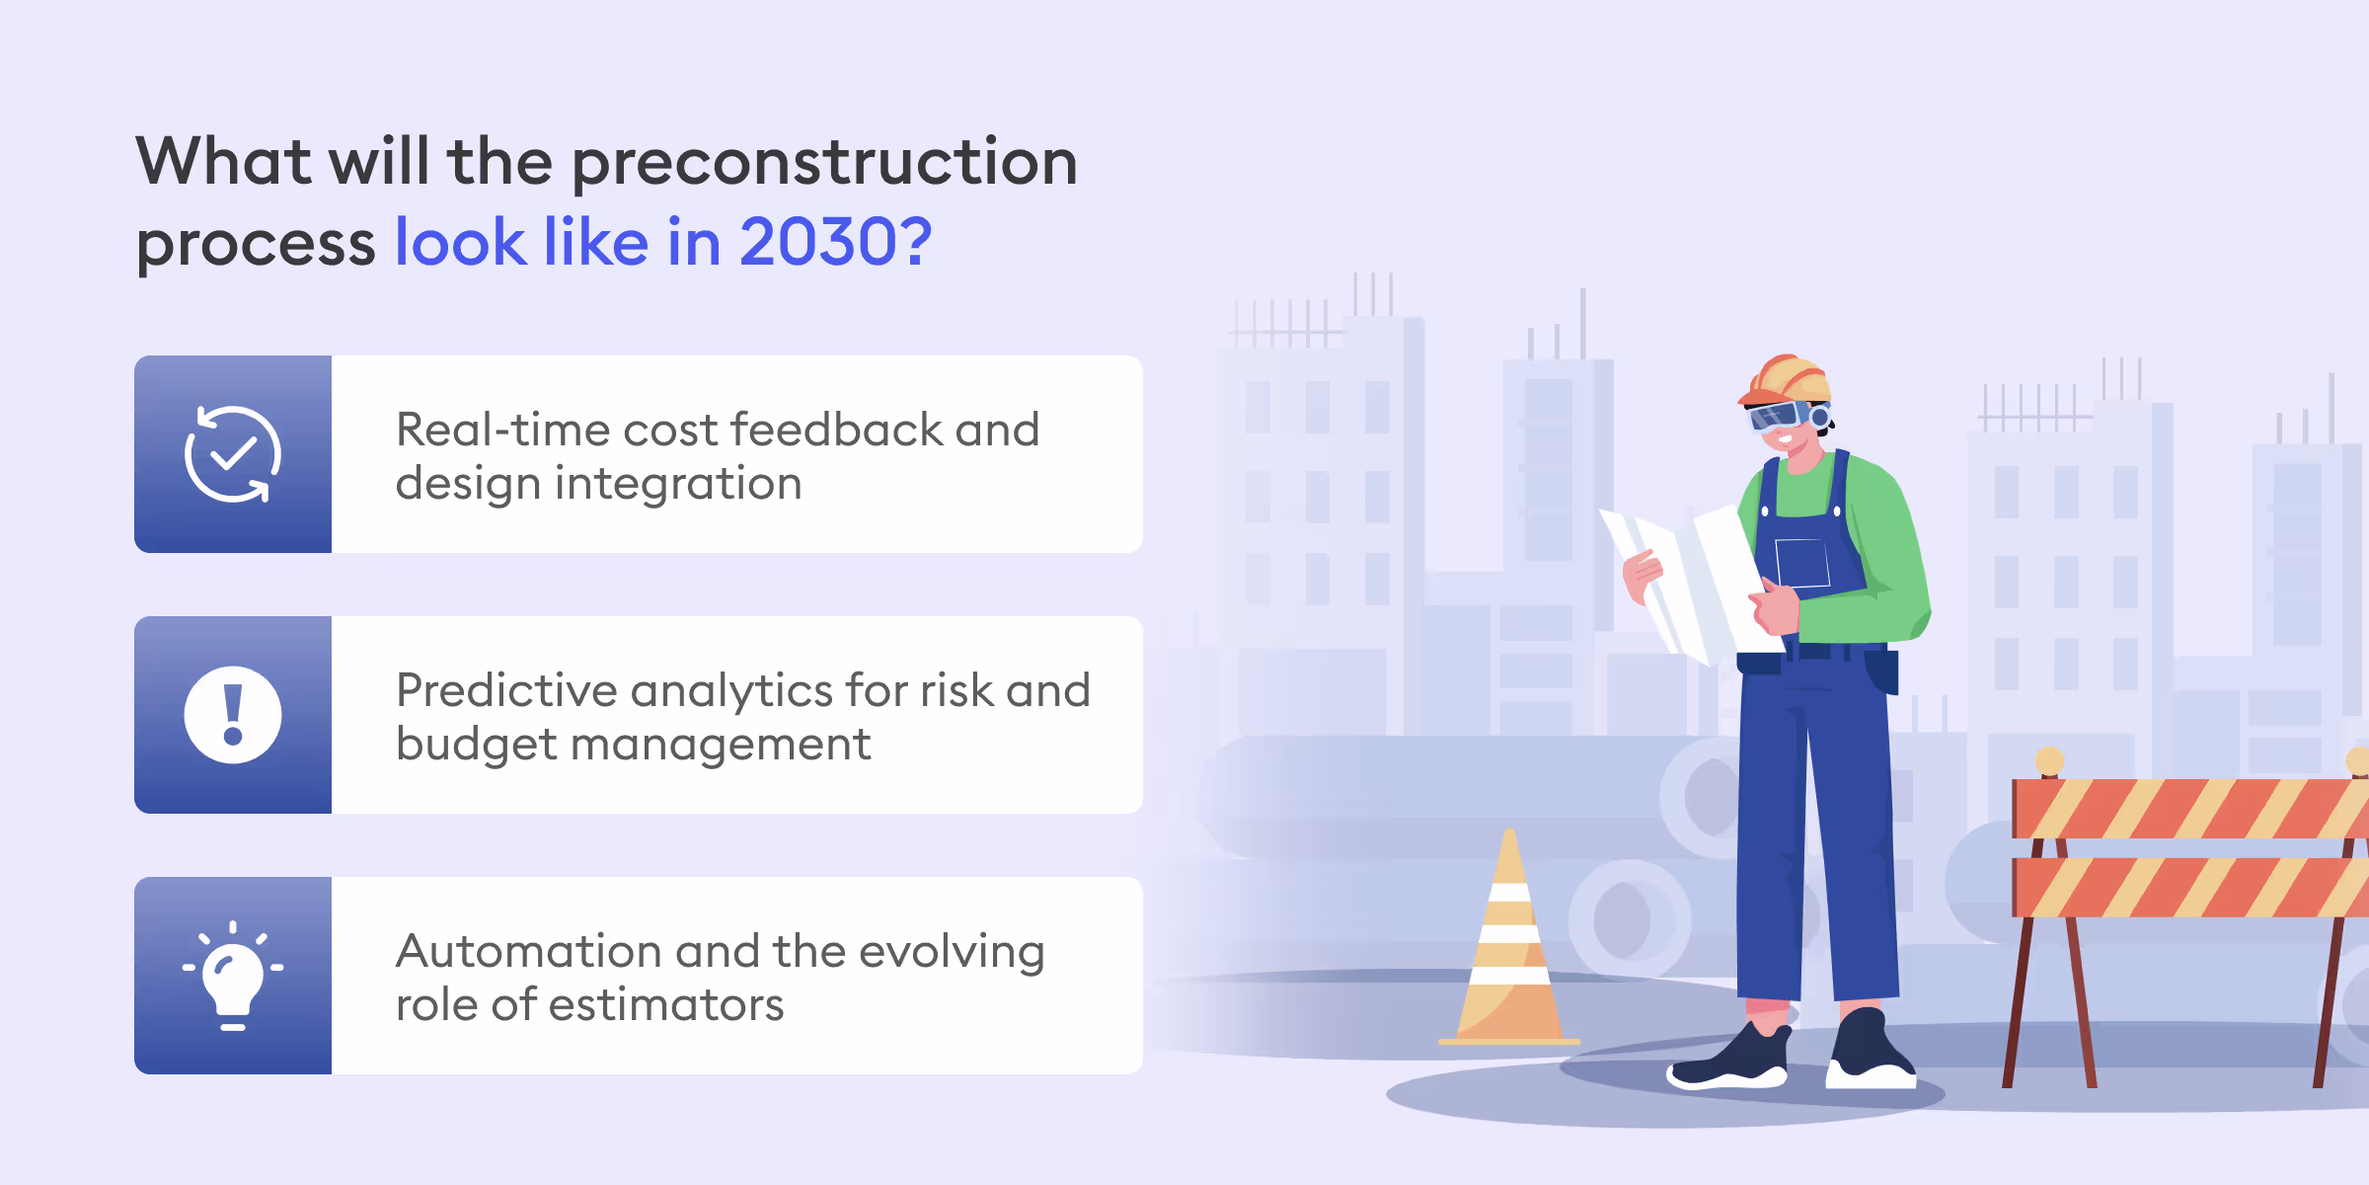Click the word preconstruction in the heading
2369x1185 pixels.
coord(824,163)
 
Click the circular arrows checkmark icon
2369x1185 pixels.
coord(233,454)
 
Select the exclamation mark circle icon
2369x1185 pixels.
coord(233,715)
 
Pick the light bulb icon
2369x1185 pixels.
coord(233,976)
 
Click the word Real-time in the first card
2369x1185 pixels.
coord(501,431)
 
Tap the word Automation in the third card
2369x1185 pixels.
coord(527,952)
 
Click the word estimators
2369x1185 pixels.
coord(665,1005)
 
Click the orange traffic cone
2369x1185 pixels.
coord(1508,948)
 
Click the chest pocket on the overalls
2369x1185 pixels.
coord(1802,564)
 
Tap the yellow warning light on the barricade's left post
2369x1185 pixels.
coord(2049,760)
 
